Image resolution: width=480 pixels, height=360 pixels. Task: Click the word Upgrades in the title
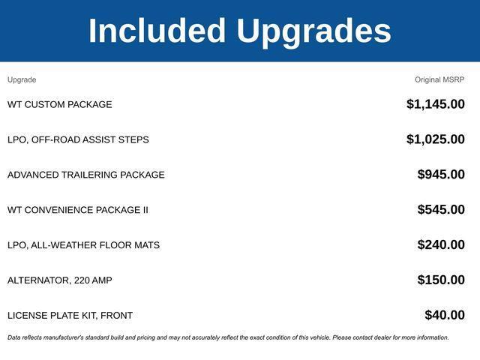tap(313, 31)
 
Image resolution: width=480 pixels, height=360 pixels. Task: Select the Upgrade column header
tap(22, 79)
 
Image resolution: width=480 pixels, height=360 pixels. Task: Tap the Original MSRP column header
tap(439, 79)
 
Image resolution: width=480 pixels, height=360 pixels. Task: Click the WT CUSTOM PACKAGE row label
tap(60, 104)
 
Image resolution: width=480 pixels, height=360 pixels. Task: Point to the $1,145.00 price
tap(436, 104)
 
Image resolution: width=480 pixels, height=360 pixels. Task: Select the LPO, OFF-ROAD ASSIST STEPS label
tap(78, 139)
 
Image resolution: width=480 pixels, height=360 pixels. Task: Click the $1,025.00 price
tap(436, 139)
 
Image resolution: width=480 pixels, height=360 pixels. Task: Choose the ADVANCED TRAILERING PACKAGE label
tap(86, 175)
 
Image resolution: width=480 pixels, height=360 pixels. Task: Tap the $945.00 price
tap(441, 175)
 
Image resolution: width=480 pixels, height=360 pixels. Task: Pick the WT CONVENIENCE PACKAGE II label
tap(78, 210)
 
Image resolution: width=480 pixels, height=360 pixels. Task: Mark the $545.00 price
tap(441, 210)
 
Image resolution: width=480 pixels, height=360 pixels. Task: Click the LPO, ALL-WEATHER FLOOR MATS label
tap(83, 245)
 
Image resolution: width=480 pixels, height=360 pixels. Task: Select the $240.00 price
tap(441, 245)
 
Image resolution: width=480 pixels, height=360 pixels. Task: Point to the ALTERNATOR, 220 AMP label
tap(60, 280)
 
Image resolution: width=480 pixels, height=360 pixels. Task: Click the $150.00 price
tap(441, 280)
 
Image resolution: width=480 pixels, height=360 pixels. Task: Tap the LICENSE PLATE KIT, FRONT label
tap(70, 316)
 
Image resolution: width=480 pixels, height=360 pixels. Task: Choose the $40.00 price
tap(445, 316)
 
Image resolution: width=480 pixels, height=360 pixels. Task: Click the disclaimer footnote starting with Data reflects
tap(228, 337)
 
